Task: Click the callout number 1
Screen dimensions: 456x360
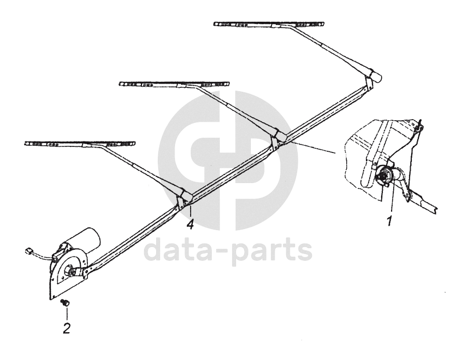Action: tap(390, 221)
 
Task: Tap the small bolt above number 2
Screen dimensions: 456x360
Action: tap(66, 302)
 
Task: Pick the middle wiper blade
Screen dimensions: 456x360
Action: tap(174, 84)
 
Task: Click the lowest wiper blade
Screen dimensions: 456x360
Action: tap(80, 144)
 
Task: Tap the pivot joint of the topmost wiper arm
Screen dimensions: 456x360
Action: tap(372, 76)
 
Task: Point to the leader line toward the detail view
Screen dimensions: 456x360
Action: tap(314, 146)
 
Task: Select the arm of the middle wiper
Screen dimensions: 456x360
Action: tap(240, 109)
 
